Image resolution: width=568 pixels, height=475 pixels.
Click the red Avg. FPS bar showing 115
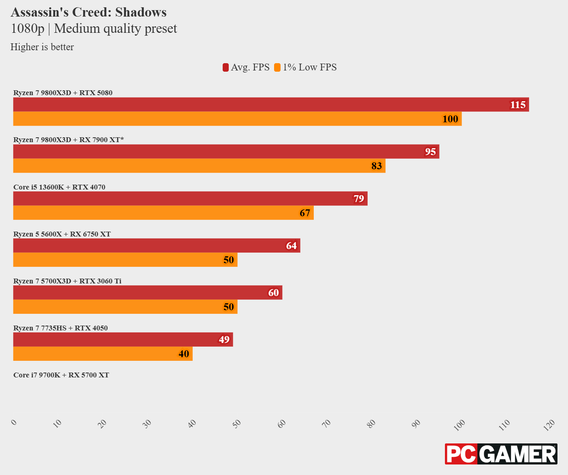[x=271, y=104]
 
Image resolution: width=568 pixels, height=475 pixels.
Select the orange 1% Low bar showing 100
[x=237, y=119]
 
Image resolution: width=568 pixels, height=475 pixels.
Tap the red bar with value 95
[x=226, y=151]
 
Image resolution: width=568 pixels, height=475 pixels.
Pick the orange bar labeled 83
[x=199, y=166]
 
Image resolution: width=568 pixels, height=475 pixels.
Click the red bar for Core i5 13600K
[x=190, y=198]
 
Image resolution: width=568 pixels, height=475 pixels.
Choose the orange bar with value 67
[x=163, y=213]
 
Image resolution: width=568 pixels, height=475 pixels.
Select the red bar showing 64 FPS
[x=157, y=245]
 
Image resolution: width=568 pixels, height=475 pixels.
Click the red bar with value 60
[x=148, y=292]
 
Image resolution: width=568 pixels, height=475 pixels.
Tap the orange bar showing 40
[x=103, y=354]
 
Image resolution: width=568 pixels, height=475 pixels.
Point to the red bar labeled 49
[x=123, y=339]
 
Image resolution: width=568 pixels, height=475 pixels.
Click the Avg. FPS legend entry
[x=246, y=67]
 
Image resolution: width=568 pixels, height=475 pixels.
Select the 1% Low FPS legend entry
[x=306, y=67]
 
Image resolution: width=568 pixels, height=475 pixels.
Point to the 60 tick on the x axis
[x=282, y=424]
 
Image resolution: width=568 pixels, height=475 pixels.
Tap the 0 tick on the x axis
[x=14, y=422]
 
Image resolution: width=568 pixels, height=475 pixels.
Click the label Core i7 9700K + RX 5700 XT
[x=61, y=375]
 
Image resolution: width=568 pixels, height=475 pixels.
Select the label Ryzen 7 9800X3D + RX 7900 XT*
[x=68, y=140]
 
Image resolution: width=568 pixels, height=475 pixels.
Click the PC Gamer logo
[x=501, y=454]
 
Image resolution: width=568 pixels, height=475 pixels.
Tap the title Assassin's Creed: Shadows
[x=89, y=12]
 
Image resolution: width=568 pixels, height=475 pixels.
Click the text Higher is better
[x=42, y=47]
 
